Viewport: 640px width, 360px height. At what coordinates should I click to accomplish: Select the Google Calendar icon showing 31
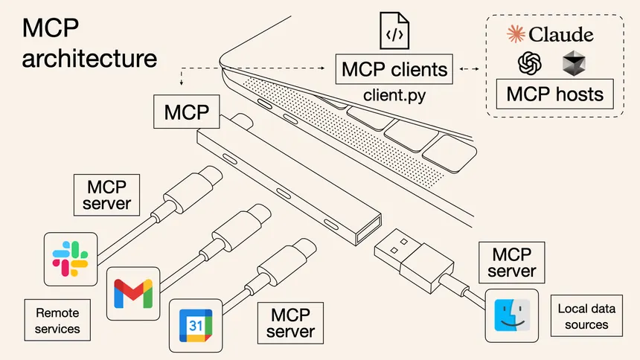pyautogui.click(x=195, y=326)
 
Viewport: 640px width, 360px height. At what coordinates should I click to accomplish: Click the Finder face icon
pyautogui.click(x=511, y=316)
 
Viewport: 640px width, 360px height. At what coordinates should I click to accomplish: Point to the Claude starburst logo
pyautogui.click(x=515, y=34)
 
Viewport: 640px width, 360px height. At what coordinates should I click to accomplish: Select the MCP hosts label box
pyautogui.click(x=554, y=94)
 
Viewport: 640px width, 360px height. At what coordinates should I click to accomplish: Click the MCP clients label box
pyautogui.click(x=394, y=69)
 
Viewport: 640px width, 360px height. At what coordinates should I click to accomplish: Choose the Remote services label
pyautogui.click(x=52, y=318)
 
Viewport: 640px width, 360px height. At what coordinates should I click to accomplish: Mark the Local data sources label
pyautogui.click(x=586, y=317)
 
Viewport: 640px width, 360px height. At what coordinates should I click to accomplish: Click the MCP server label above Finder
pyautogui.click(x=511, y=263)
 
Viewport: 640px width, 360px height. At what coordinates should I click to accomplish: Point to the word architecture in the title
pyautogui.click(x=89, y=58)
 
